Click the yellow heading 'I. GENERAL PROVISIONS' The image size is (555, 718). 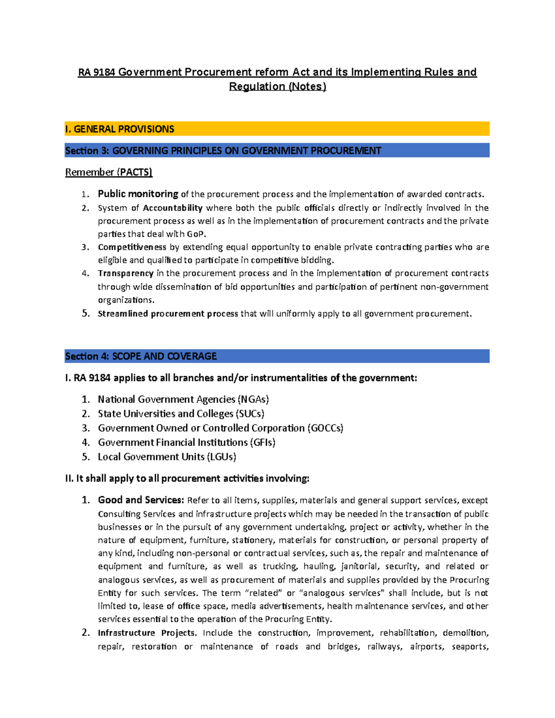click(120, 129)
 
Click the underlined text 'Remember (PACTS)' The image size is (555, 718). click(109, 172)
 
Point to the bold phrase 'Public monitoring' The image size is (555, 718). click(138, 194)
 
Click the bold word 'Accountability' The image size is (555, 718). click(173, 208)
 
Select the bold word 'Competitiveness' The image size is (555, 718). click(132, 247)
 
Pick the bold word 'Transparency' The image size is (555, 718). click(125, 274)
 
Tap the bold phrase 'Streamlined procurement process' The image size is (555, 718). click(168, 314)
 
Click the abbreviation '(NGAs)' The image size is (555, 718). click(253, 399)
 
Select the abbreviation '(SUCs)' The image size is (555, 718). click(250, 414)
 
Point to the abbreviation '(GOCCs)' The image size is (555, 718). click(325, 428)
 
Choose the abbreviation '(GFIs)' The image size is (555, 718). click(263, 442)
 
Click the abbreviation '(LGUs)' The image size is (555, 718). click(222, 457)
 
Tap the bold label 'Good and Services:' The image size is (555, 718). click(141, 500)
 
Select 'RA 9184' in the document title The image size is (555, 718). click(96, 73)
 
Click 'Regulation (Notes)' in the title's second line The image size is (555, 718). click(277, 87)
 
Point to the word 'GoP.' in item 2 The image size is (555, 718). click(197, 234)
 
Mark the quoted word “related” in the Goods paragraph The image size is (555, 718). click(265, 593)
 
